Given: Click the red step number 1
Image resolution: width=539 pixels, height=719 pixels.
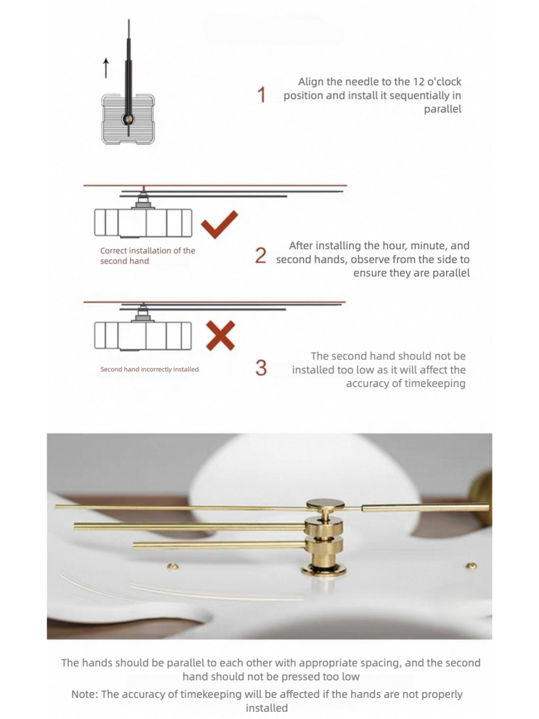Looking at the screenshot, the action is click(x=261, y=95).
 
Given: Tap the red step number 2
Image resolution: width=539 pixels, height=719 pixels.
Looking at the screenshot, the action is click(x=261, y=255).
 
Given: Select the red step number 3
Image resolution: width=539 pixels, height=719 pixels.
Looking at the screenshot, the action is click(x=261, y=367).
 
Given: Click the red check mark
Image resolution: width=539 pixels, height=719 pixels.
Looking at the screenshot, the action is click(x=219, y=224).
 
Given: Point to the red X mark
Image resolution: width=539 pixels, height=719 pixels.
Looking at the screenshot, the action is click(x=220, y=336).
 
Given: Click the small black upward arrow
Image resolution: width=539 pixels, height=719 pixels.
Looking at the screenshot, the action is click(x=106, y=68).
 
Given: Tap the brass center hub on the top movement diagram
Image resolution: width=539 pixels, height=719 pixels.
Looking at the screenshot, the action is click(x=128, y=119).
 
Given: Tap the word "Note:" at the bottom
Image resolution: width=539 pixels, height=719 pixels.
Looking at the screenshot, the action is click(x=85, y=694).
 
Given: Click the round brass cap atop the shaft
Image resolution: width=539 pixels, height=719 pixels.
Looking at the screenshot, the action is click(x=325, y=504).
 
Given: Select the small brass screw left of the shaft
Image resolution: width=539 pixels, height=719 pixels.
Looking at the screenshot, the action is click(x=173, y=566).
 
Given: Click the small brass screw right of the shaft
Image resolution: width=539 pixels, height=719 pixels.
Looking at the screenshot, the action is click(x=471, y=566).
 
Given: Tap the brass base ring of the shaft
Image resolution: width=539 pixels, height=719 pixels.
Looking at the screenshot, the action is click(x=323, y=570).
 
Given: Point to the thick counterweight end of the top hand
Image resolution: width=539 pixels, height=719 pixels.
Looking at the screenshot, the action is click(x=425, y=507).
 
